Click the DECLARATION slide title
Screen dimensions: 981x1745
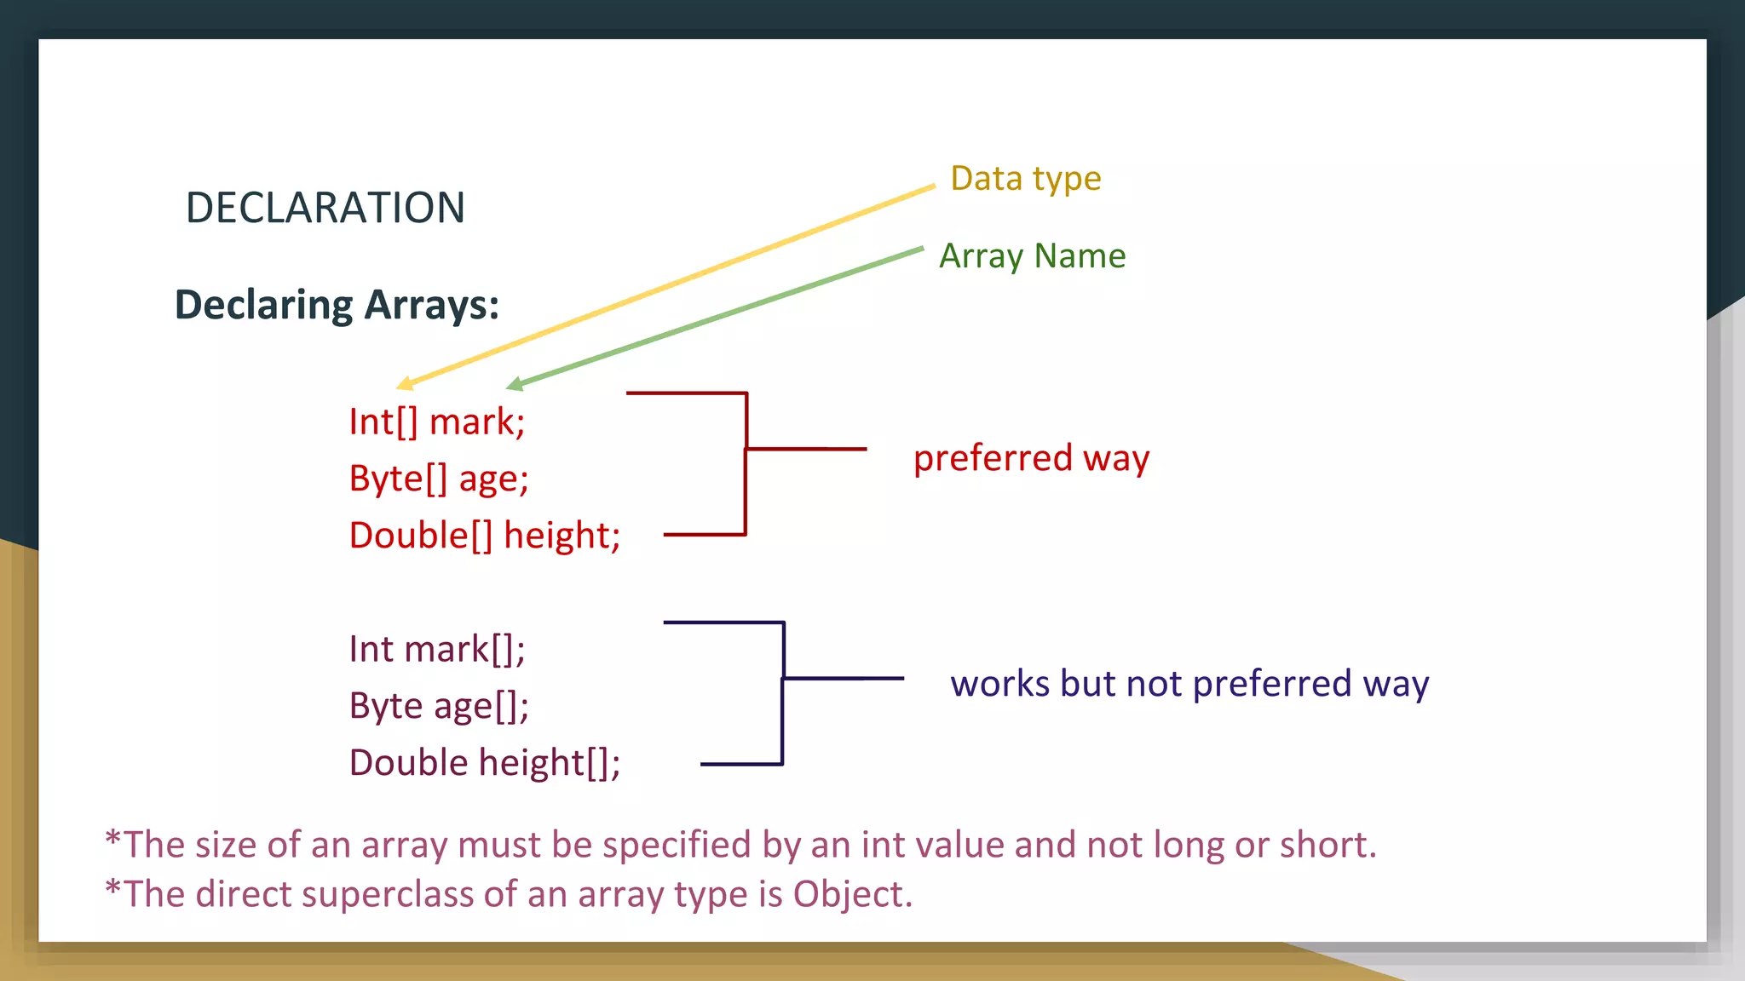point(325,208)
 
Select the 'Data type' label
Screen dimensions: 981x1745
point(1025,179)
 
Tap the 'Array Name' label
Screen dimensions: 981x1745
point(1032,255)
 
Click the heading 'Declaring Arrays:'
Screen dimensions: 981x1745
point(337,305)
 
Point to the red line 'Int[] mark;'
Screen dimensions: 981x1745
point(436,422)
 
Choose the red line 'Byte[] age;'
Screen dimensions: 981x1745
point(438,479)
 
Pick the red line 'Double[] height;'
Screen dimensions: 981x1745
point(484,536)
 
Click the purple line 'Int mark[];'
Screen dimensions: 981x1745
point(436,650)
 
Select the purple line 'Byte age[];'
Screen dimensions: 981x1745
point(438,706)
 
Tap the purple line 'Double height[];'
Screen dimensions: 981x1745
point(484,763)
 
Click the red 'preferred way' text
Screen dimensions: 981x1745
point(1031,458)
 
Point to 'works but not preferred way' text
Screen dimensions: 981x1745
point(1189,684)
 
